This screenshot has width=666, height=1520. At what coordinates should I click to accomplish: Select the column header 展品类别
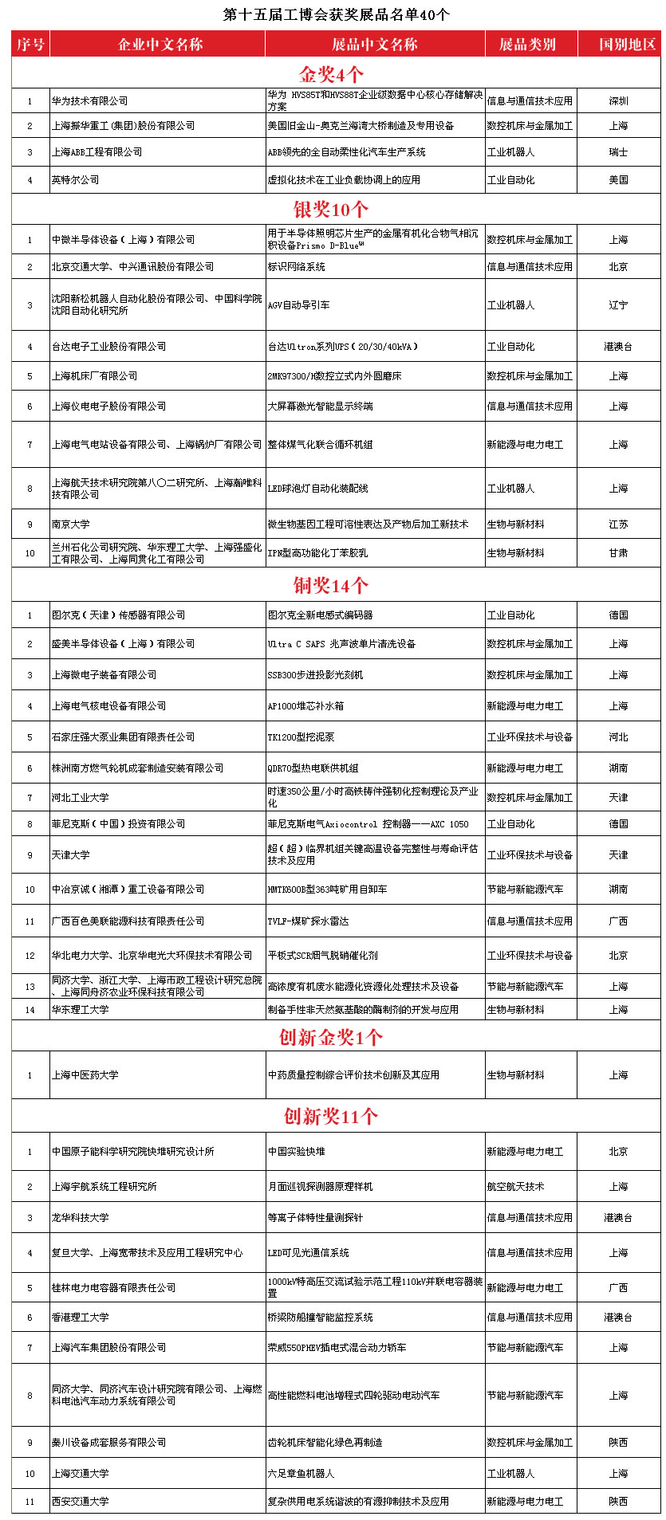coord(527,45)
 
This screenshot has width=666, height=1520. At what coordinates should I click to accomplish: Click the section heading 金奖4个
coord(331,74)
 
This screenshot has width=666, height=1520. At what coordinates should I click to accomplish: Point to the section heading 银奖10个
coord(331,210)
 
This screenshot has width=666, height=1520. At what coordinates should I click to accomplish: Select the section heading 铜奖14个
coord(331,586)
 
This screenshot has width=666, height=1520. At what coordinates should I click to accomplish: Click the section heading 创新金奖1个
coord(331,1037)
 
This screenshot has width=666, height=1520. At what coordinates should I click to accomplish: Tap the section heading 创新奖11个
coord(331,1117)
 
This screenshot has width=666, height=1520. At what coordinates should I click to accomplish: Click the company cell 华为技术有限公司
coord(90,101)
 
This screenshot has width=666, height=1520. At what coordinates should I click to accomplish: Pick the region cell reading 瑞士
coord(618,152)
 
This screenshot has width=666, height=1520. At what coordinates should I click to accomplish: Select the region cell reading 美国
coord(618,180)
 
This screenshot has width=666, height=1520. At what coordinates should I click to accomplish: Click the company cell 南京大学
coord(71,524)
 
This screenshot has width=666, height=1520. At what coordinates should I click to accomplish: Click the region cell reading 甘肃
coord(618,553)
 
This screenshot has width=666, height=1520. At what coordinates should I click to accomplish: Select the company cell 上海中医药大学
coord(85,1075)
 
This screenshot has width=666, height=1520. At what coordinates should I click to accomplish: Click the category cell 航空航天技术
coord(516,1187)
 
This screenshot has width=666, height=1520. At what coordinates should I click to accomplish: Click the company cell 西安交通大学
coord(81,1502)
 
